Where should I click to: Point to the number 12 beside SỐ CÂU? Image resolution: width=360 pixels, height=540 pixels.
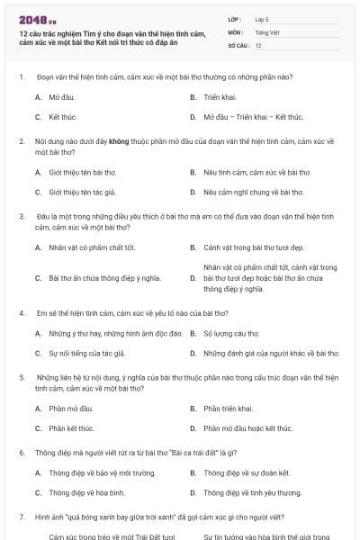click(258, 45)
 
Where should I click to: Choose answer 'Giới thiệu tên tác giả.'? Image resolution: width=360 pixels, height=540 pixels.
click(83, 193)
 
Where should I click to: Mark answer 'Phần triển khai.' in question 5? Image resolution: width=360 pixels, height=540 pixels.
click(229, 409)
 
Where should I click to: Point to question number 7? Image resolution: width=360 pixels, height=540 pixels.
click(21, 517)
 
